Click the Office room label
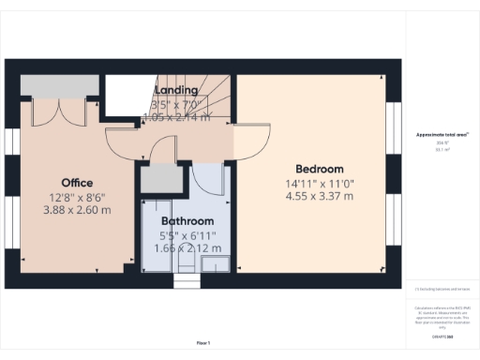click(77, 182)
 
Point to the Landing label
click(175, 90)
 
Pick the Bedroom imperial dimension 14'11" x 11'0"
click(320, 183)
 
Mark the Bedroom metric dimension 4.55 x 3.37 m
click(320, 197)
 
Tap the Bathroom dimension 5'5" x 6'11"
click(188, 235)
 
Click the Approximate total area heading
click(442, 135)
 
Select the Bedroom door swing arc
click(247, 142)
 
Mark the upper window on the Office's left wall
click(12, 141)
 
